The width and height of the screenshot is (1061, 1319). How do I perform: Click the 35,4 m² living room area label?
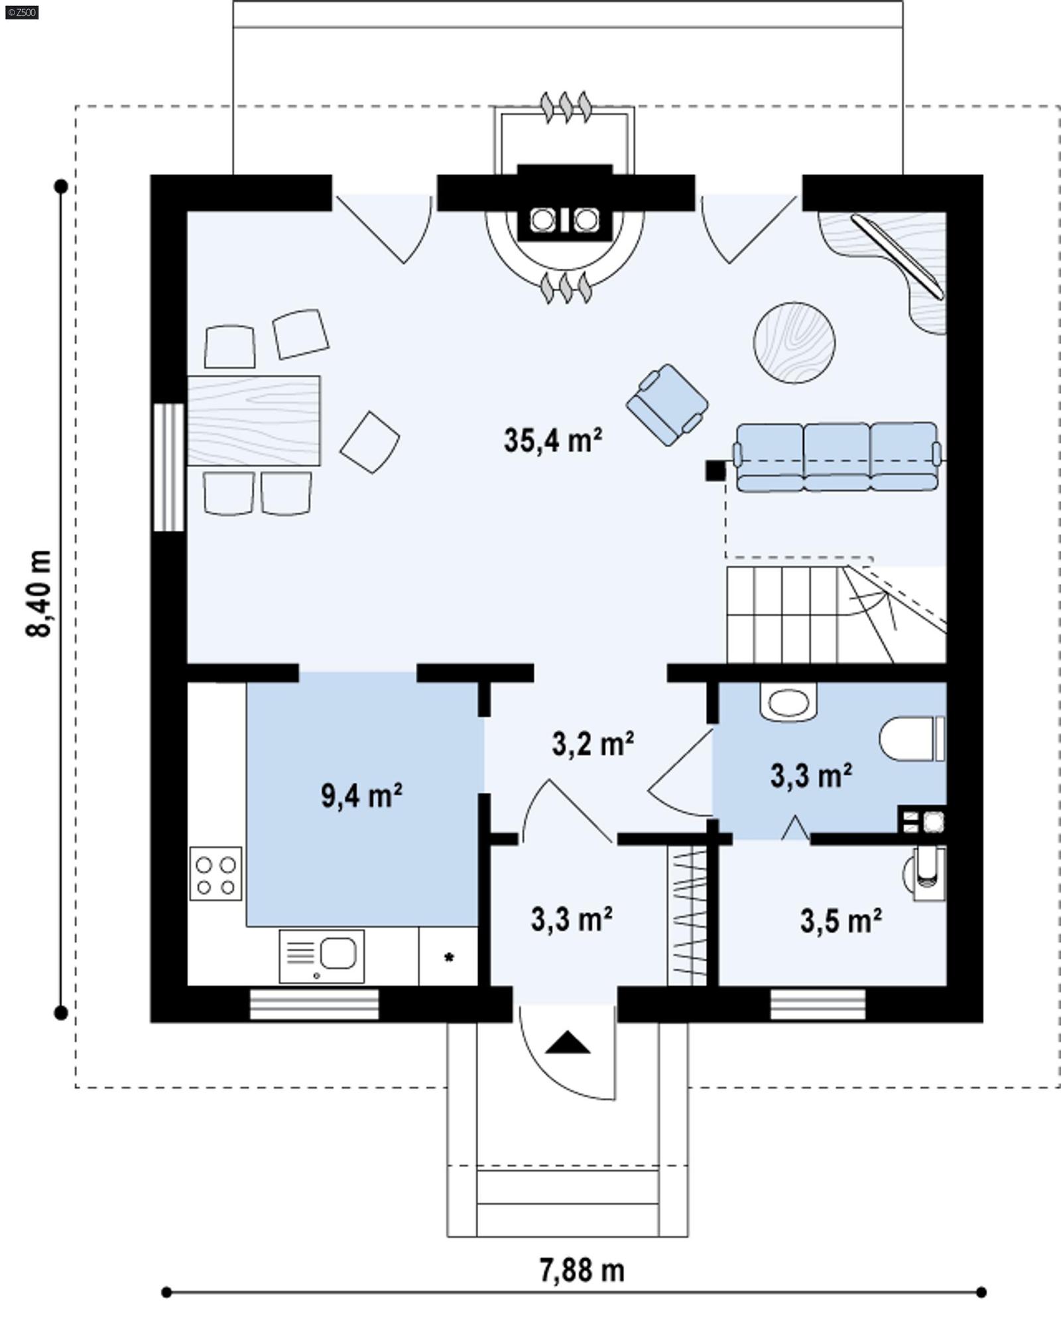tap(552, 441)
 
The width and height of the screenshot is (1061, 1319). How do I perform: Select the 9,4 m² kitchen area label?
tap(361, 796)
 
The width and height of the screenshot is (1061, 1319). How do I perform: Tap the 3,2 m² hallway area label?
tap(592, 744)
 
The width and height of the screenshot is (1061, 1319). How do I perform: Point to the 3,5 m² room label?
tap(840, 920)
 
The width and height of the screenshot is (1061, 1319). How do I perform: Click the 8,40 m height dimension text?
tap(39, 593)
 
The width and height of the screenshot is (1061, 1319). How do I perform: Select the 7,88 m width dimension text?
tap(582, 1270)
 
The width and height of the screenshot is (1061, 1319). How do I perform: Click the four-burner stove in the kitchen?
tap(216, 873)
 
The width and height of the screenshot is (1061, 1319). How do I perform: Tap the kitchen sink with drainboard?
tap(322, 955)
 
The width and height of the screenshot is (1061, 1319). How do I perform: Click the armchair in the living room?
tap(667, 405)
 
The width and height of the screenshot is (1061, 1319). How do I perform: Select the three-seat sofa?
tap(837, 456)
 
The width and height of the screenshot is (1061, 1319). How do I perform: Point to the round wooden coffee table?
tap(794, 342)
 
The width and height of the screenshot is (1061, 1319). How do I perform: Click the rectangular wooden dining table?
tap(254, 420)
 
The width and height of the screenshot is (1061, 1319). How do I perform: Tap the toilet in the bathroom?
tap(912, 738)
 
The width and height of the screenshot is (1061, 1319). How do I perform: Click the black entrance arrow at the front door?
tap(568, 1043)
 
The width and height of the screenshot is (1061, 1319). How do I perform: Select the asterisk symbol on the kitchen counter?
tap(449, 957)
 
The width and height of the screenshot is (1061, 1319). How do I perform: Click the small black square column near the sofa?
tap(715, 470)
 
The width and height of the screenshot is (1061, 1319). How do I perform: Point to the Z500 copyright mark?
tap(21, 11)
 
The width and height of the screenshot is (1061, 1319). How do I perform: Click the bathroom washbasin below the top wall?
tap(788, 702)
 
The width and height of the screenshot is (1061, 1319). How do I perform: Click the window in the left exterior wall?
tap(168, 467)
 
